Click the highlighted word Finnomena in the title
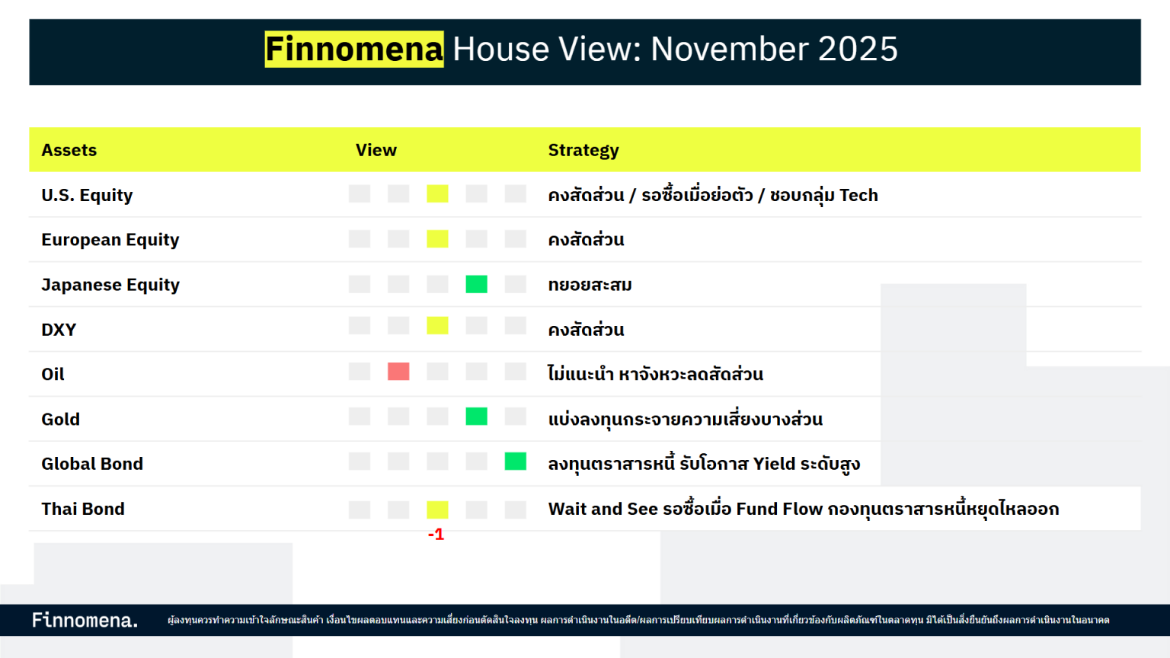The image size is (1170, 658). pos(354,50)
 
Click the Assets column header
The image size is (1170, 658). pos(69,150)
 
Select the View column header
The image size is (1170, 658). pos(376,150)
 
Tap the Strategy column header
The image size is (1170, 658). pos(583,150)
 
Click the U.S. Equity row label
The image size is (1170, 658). pos(87,195)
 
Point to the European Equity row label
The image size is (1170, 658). pos(110,240)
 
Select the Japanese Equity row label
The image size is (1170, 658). pos(110,285)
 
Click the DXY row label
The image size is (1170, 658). pos(59,330)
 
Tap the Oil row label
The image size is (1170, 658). pos(53,374)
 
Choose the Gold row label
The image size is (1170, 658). pos(60,419)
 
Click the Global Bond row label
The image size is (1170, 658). pos(92,464)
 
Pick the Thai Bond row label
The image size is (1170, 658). pos(83,509)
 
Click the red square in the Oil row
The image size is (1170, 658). pos(398,372)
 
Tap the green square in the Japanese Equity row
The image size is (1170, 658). pos(476,284)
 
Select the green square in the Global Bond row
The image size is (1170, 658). pos(516,462)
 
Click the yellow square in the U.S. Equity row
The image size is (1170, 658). pos(437,194)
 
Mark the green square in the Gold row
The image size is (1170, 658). pos(476,417)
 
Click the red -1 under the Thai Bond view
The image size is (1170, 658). pos(436,535)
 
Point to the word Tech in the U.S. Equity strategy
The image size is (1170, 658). pos(858,195)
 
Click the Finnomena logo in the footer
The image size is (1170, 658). pos(85,620)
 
